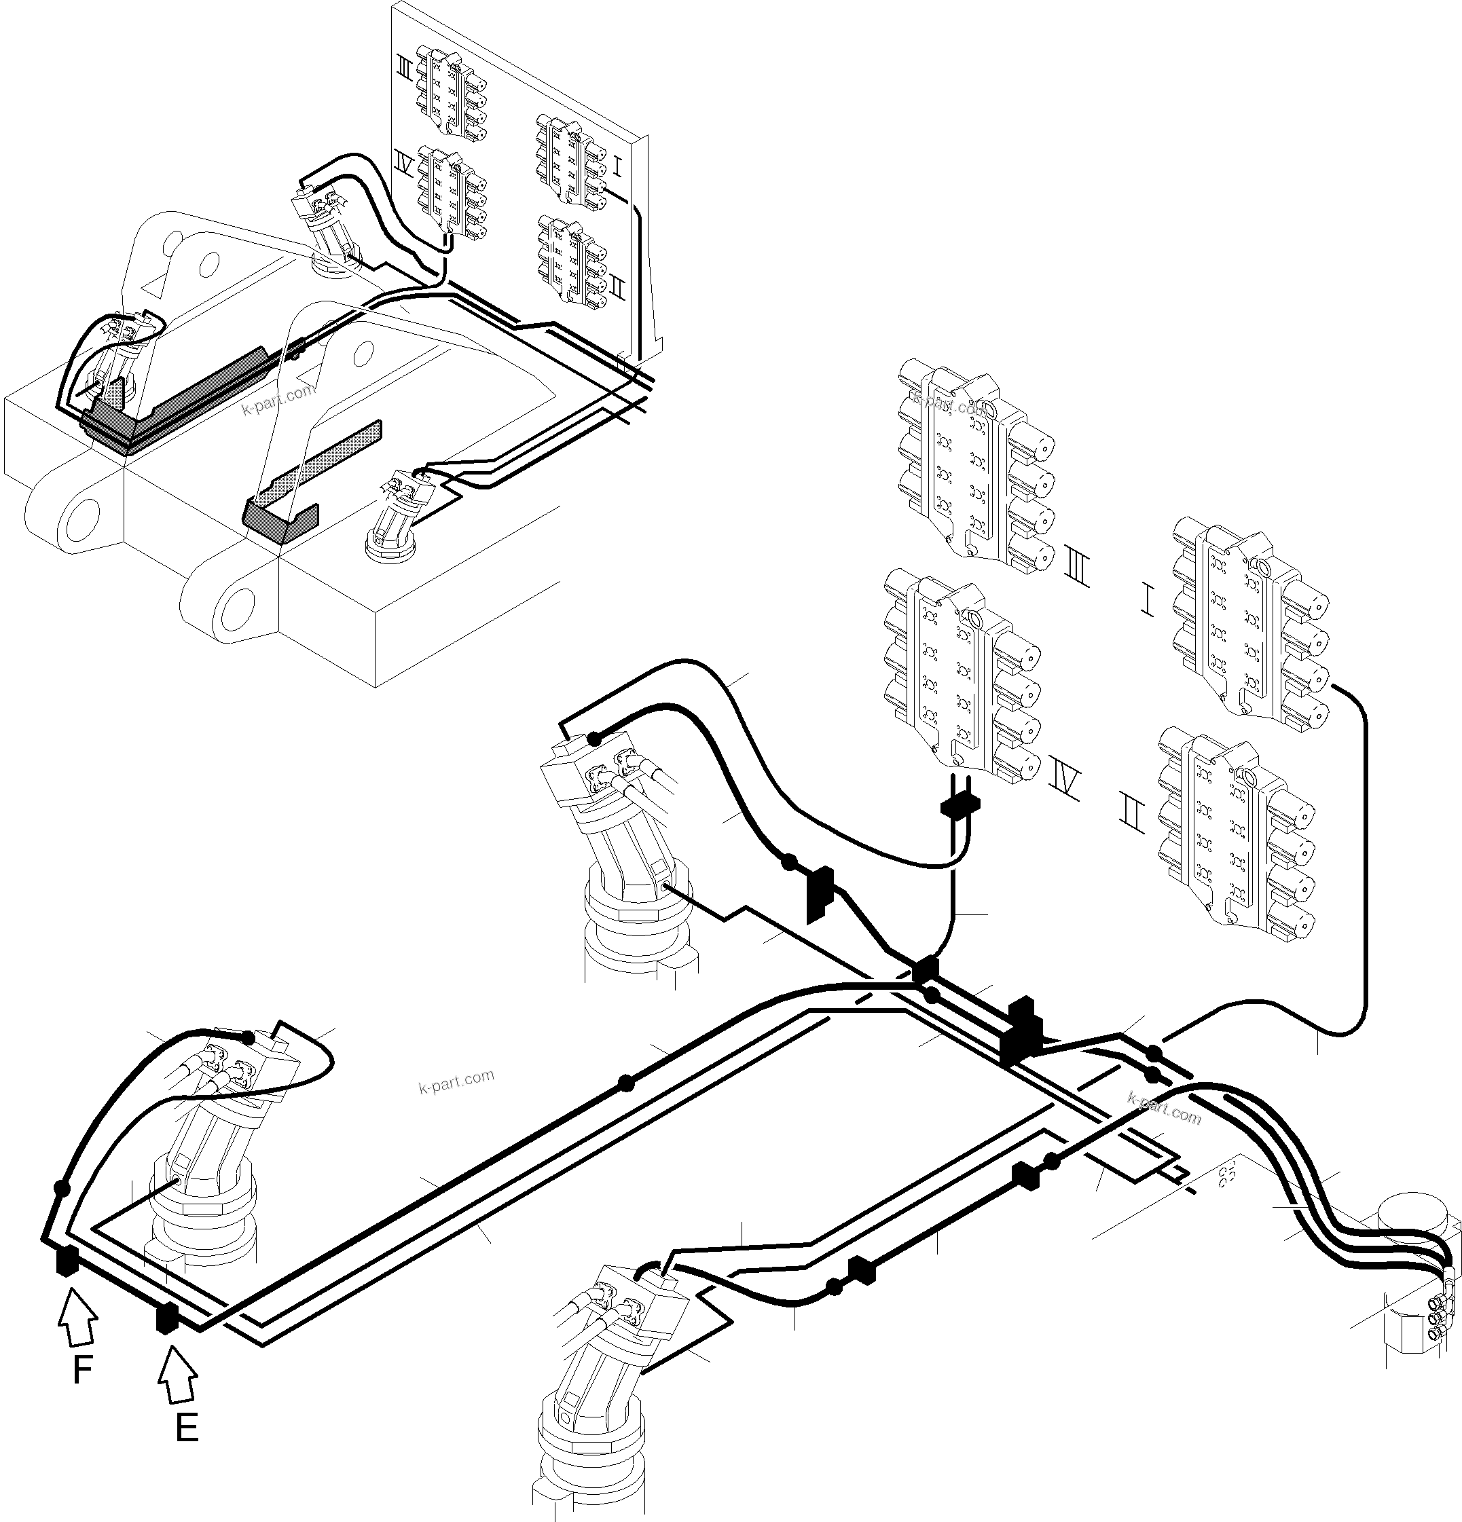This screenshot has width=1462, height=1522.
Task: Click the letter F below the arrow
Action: [x=82, y=1371]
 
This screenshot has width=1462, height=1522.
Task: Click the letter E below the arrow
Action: [x=187, y=1427]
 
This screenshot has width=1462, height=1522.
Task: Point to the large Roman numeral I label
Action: [x=1148, y=600]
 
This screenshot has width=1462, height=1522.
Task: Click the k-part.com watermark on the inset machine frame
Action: [x=279, y=399]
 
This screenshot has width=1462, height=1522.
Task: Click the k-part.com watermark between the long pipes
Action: [x=456, y=1081]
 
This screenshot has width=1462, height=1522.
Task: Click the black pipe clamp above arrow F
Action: [x=66, y=1262]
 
